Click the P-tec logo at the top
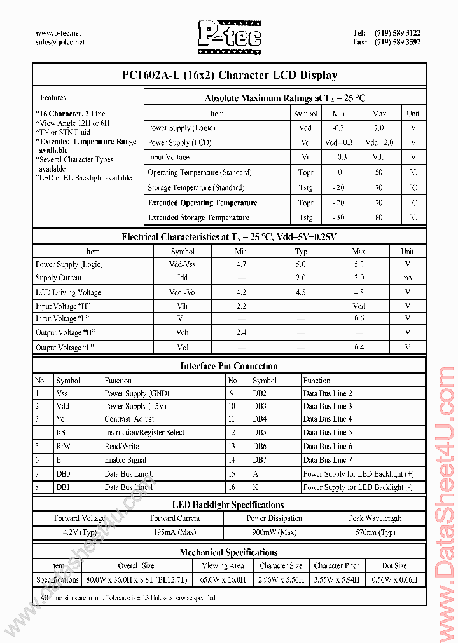click(228, 36)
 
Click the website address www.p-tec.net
click(59, 33)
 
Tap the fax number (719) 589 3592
click(398, 43)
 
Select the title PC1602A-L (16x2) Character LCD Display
click(229, 75)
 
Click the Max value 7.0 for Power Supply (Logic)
click(379, 128)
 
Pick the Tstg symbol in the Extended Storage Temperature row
click(305, 217)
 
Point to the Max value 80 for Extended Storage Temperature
click(379, 217)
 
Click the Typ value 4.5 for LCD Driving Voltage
click(301, 292)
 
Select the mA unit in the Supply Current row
click(407, 278)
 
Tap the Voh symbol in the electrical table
click(183, 332)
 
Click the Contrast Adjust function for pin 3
click(130, 419)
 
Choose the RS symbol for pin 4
click(61, 433)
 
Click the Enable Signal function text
click(125, 459)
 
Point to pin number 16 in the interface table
click(232, 487)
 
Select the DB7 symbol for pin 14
click(260, 459)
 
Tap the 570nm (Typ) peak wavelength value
click(375, 532)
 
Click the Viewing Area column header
click(223, 565)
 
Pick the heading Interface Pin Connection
click(229, 366)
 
